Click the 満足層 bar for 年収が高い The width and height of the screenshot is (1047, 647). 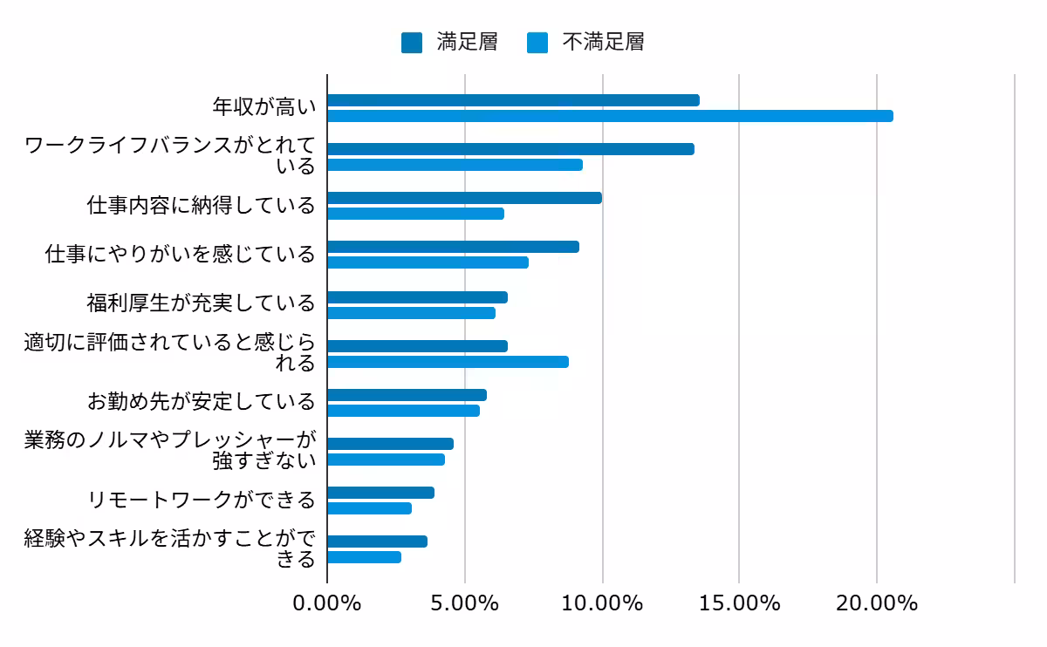513,100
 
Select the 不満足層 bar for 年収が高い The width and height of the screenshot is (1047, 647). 610,116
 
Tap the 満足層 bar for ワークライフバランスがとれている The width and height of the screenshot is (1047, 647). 510,149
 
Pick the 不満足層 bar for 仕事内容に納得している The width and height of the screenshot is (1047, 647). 415,214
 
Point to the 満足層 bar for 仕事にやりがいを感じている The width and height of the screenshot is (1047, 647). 453,247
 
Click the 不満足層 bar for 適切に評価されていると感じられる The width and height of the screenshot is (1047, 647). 448,362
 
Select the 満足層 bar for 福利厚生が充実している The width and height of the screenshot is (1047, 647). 417,297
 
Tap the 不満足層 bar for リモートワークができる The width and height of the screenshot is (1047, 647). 369,508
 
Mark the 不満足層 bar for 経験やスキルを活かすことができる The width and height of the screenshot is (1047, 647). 364,557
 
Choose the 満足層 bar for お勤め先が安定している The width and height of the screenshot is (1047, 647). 407,395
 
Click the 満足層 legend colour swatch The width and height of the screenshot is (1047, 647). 412,42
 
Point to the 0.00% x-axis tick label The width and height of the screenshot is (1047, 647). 327,603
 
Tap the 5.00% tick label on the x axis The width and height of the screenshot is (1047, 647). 464,603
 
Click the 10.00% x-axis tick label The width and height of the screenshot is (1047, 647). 602,603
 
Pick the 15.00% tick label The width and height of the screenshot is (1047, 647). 739,603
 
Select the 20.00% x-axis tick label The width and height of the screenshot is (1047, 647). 876,603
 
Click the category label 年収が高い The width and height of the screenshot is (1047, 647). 264,108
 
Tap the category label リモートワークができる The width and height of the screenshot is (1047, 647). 202,500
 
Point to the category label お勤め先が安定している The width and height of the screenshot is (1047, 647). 202,402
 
